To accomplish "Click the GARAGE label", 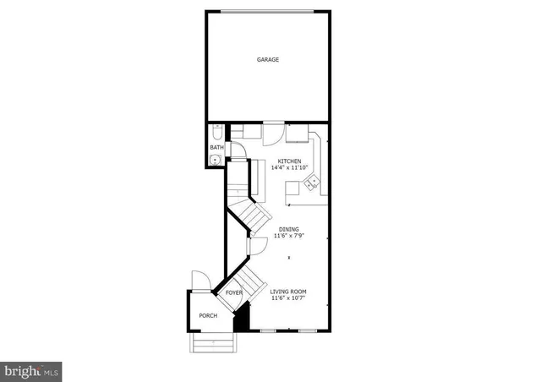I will pyautogui.click(x=268, y=60).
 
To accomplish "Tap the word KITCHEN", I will pyautogui.click(x=289, y=161).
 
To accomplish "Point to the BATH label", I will pyautogui.click(x=217, y=147).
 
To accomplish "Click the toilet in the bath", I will pyautogui.click(x=218, y=133).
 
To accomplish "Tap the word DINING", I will pyautogui.click(x=289, y=229).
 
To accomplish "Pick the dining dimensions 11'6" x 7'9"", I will pyautogui.click(x=289, y=236).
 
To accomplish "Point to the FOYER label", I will pyautogui.click(x=234, y=292).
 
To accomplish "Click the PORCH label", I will pyautogui.click(x=208, y=315).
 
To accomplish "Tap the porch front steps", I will pyautogui.click(x=213, y=342).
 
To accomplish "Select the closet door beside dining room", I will pyautogui.click(x=256, y=245).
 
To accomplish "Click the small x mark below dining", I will pyautogui.click(x=290, y=258).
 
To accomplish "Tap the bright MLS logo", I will pyautogui.click(x=32, y=370).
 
